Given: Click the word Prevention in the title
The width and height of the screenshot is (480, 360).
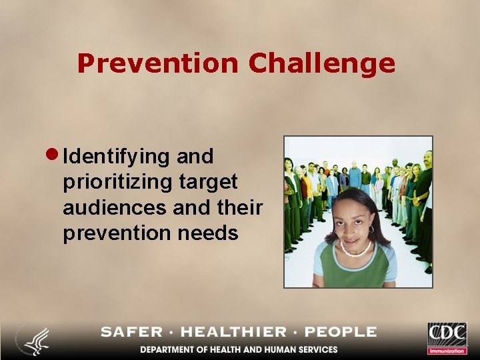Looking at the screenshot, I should (157, 63).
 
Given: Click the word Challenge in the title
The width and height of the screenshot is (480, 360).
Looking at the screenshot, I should (322, 64).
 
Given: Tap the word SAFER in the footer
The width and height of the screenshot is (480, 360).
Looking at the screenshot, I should (131, 332).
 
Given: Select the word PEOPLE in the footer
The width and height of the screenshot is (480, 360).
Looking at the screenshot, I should (339, 332).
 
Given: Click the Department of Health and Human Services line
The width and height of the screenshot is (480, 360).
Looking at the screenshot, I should (239, 349).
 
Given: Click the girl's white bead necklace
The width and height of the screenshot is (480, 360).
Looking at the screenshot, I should (355, 251).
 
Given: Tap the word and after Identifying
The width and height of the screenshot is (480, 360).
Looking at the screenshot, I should (195, 157).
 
